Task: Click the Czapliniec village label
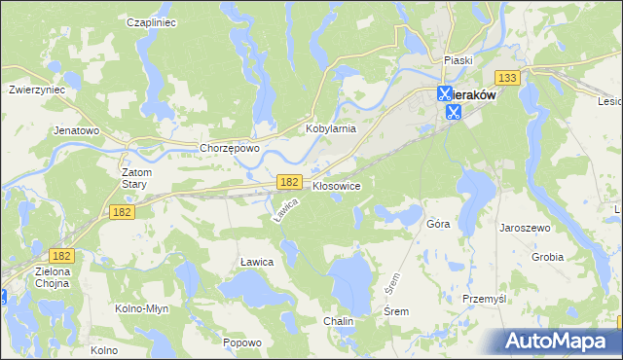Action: point(151,20)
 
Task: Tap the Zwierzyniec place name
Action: point(36,88)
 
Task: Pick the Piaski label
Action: point(458,59)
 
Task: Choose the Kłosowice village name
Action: point(337,185)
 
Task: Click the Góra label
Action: point(438,223)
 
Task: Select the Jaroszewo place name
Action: point(525,227)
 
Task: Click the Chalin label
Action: point(339,320)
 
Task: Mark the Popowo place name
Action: point(242,342)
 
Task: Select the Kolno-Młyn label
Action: point(145,308)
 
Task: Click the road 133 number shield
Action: point(505,78)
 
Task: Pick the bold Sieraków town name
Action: point(473,95)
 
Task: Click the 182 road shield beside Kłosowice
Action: point(287,182)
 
